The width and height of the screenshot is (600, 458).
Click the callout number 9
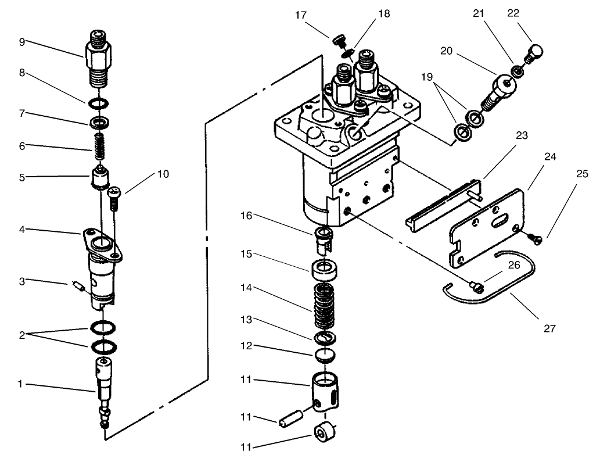21,42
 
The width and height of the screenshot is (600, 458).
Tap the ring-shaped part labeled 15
325,270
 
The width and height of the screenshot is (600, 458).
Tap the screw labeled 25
535,238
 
